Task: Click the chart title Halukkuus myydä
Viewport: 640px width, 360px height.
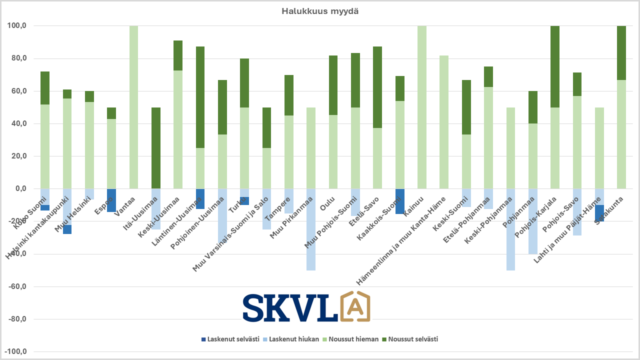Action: [x=320, y=11]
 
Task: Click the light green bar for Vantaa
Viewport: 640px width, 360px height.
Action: [x=133, y=107]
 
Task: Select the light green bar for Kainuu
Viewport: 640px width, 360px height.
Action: [x=422, y=107]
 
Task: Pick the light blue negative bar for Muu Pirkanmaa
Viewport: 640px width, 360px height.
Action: [x=311, y=229]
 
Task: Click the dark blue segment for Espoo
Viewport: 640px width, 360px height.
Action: [x=111, y=200]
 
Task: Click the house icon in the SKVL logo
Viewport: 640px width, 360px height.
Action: [x=355, y=306]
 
